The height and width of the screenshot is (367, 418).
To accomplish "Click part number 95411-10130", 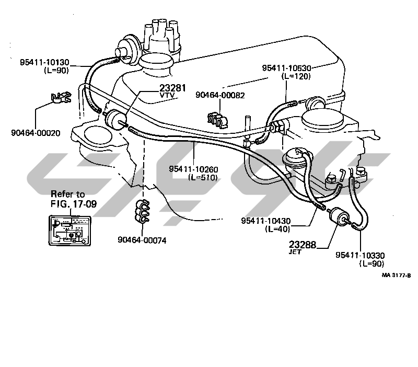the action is point(44,62).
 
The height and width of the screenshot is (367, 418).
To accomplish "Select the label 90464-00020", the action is point(36,133).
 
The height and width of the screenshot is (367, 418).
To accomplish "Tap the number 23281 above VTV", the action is point(173,88).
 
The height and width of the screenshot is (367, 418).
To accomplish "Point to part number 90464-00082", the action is point(220,95).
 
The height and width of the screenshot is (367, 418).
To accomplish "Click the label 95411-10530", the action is point(286,68).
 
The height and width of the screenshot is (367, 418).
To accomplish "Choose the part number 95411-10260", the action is point(193,169).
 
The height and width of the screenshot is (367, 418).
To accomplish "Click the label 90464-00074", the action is point(142,240).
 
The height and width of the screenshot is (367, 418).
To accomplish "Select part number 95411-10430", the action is point(266,221).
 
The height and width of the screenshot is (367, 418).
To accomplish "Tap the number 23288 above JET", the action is point(303,244).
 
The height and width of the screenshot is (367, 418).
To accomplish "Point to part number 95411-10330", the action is point(360,255).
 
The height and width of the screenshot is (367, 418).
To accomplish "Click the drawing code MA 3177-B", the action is point(397,275).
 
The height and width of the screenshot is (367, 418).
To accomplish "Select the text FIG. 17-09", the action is point(74,204).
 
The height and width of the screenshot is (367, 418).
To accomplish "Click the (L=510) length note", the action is point(203,177).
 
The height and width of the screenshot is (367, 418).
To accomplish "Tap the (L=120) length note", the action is point(296,76).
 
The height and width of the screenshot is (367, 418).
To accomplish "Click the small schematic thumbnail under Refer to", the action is point(70,231).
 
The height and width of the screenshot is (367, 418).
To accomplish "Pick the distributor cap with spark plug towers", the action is point(161,37).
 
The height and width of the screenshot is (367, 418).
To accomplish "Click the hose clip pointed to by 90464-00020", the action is point(61,98).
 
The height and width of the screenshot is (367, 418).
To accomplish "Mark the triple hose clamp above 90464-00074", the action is point(142,211).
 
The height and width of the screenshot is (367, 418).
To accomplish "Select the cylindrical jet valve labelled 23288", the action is point(338,216).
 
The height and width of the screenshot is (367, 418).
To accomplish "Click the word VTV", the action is point(167,95).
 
